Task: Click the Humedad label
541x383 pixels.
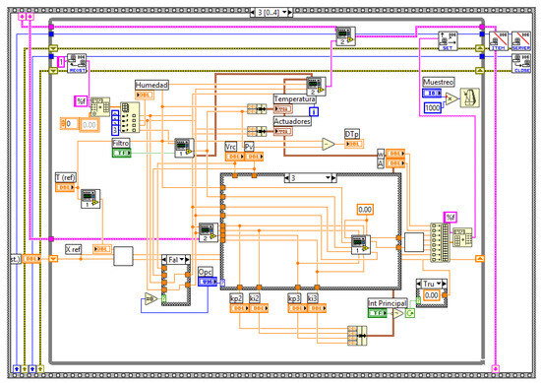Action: (152, 86)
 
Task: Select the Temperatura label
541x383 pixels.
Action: (295, 100)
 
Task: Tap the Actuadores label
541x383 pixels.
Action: (294, 120)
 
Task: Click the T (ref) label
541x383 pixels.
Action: (65, 178)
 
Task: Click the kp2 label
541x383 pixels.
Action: (237, 297)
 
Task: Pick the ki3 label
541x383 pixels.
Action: (312, 297)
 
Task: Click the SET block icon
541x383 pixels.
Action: (446, 41)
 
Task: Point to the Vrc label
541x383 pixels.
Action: (231, 146)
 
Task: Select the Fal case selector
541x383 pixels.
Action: (175, 260)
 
